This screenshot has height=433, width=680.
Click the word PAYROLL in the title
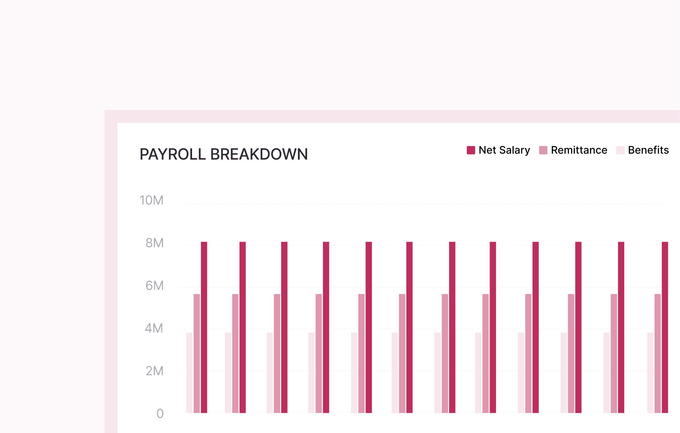[173, 154]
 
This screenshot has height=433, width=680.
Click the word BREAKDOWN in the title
[259, 154]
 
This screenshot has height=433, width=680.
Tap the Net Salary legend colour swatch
[471, 150]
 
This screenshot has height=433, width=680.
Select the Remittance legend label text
[579, 150]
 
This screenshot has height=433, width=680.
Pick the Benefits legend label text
[648, 150]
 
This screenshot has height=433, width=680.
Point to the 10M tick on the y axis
[151, 200]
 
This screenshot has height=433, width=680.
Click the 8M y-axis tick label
[154, 243]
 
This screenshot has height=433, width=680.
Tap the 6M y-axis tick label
[154, 286]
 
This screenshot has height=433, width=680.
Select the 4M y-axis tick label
[154, 328]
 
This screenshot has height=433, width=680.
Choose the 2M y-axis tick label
[154, 371]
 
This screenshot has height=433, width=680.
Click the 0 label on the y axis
[160, 414]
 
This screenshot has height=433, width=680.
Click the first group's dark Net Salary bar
[204, 327]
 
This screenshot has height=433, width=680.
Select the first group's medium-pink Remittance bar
[197, 353]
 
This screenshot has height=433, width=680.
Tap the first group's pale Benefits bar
[189, 373]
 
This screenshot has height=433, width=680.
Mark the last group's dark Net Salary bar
[665, 327]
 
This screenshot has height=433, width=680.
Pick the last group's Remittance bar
[658, 353]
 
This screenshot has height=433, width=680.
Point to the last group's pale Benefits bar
[650, 373]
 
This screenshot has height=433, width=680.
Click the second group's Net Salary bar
[243, 327]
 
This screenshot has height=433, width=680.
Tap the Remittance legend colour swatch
[543, 150]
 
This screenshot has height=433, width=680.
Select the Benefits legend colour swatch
[620, 150]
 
